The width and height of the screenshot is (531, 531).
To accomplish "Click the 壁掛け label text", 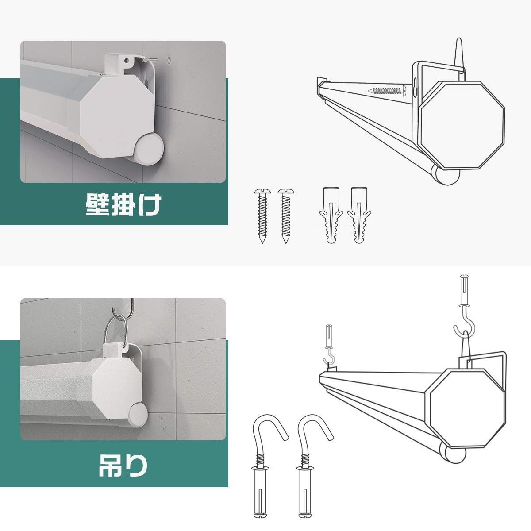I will [x=123, y=204].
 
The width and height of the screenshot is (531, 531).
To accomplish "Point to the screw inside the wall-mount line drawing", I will [x=387, y=91].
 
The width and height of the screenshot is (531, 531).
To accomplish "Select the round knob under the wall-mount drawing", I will [x=447, y=176].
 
